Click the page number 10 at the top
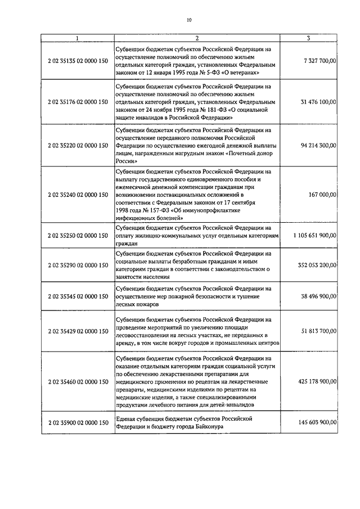tap(189, 21)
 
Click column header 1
tap(77, 39)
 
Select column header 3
tap(309, 39)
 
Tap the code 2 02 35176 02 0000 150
tap(78, 102)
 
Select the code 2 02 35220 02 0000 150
tap(78, 145)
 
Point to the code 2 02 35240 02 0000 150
tap(78, 195)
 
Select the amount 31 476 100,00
tap(318, 102)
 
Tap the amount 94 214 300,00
tap(318, 145)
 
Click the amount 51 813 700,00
tap(318, 332)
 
